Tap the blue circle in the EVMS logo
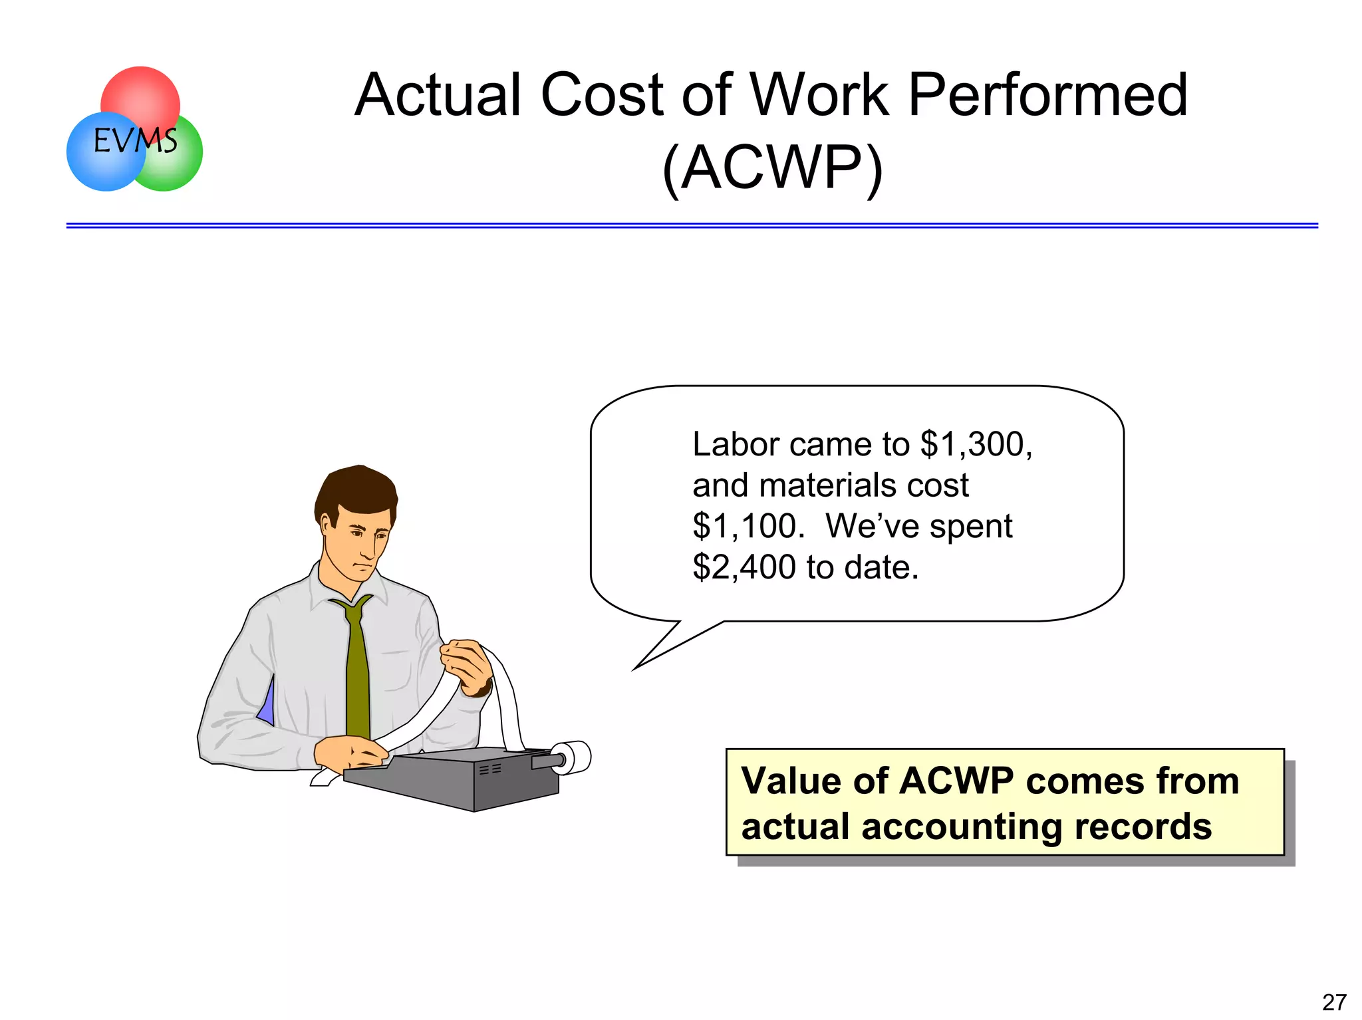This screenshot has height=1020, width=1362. click(100, 160)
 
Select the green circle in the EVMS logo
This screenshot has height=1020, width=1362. click(180, 166)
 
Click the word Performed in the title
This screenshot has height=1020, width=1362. click(1047, 94)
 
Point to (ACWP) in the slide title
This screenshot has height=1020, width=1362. click(773, 168)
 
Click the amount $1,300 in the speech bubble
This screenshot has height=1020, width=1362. click(976, 444)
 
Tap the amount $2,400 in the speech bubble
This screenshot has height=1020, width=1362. click(744, 567)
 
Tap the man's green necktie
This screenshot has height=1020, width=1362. click(358, 678)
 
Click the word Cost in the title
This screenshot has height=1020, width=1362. click(602, 94)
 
